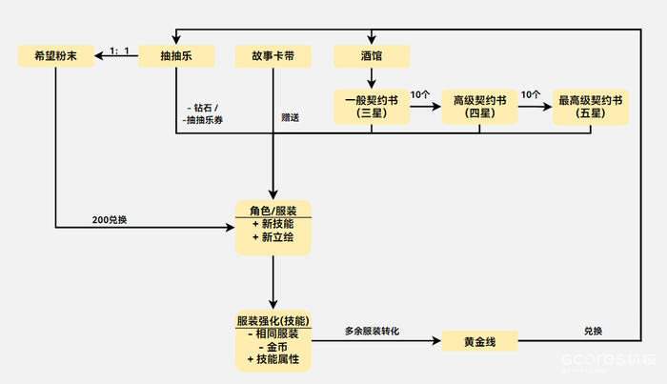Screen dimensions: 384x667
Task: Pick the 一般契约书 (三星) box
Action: (372, 107)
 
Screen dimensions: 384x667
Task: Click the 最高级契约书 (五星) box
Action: (591, 107)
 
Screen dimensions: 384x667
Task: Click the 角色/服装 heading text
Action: (274, 211)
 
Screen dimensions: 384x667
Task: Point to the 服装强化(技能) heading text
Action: (274, 320)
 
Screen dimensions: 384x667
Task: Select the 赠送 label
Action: (291, 118)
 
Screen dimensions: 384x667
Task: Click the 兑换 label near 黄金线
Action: (594, 331)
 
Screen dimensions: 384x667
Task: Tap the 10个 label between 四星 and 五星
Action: (532, 95)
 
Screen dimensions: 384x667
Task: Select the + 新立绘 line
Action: (274, 236)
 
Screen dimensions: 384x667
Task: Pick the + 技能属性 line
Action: (274, 360)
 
